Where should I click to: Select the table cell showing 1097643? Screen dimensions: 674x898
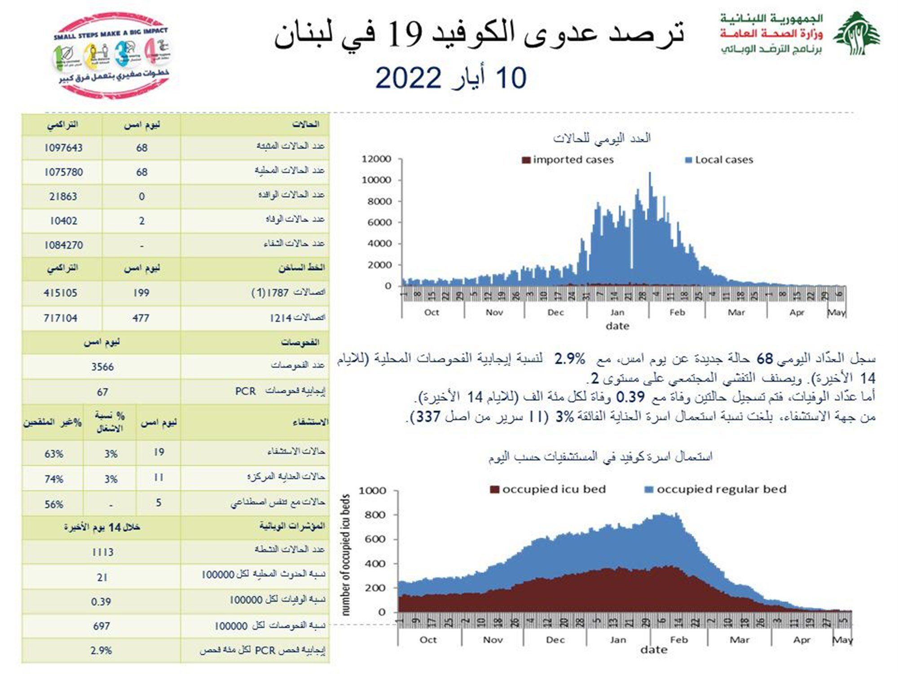[x=63, y=148]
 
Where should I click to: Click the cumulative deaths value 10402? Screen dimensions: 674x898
[x=63, y=221]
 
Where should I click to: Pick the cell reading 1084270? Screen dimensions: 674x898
[x=63, y=245]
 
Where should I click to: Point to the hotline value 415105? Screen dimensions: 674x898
[x=61, y=293]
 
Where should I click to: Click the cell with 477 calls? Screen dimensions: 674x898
[x=141, y=318]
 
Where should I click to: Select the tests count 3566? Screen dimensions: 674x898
[x=102, y=367]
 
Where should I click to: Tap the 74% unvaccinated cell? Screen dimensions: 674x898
[x=53, y=479]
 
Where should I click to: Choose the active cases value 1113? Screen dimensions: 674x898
[x=102, y=552]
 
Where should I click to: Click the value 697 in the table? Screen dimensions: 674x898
[x=101, y=626]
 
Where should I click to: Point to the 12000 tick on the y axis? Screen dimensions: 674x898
[x=376, y=159]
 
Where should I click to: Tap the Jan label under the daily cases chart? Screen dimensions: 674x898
[x=617, y=313]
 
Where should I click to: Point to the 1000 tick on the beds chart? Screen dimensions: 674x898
[x=372, y=491]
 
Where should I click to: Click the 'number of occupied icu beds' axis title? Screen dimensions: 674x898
[x=345, y=555]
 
